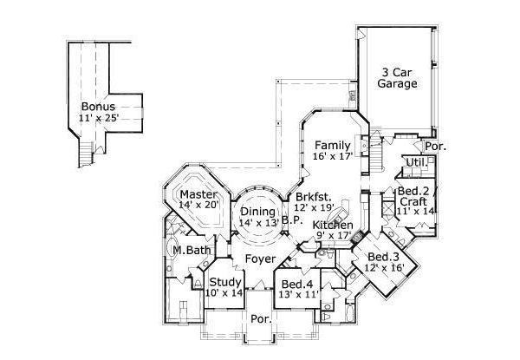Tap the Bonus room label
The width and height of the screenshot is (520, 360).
pos(99,107)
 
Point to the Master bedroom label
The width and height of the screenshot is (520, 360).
pos(198,195)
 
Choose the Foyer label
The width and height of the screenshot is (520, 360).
pos(260,259)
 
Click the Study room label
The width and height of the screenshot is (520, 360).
pos(225,281)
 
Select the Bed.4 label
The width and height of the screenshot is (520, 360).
pos(296,284)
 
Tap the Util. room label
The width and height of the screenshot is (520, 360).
pos(417,162)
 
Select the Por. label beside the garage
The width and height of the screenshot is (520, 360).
pos(435,147)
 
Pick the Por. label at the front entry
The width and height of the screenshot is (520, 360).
pos(261,319)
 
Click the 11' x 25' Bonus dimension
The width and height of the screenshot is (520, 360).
pos(99,118)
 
